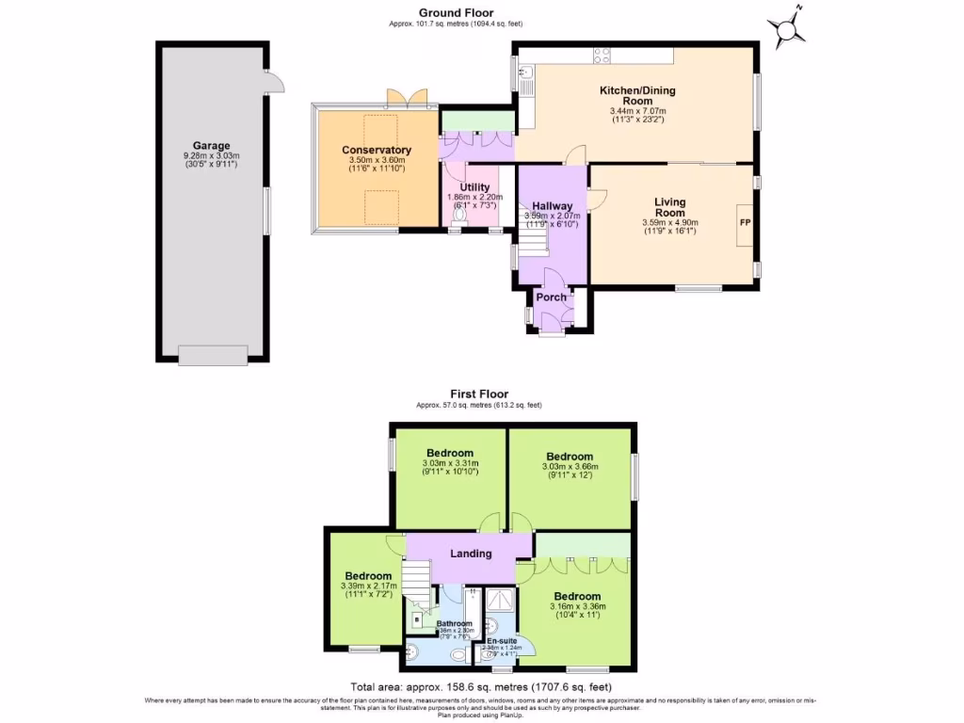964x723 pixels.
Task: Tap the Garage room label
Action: pos(212,146)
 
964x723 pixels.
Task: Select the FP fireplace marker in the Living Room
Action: pos(745,223)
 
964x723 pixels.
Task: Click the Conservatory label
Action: pos(377,151)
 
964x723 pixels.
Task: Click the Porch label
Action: pos(551,297)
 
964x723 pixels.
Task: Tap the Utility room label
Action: pos(474,187)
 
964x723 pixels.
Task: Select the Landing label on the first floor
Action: pos(470,554)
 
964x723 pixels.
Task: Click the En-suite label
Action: pos(494,640)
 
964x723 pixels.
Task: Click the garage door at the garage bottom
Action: pos(213,355)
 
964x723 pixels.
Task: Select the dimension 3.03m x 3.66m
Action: pos(570,466)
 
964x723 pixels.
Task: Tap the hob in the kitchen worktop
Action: pos(600,55)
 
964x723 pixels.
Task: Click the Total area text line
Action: pos(481,687)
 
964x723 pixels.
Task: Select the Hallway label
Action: pos(552,206)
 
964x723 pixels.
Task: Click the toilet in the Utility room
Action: pos(458,215)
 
